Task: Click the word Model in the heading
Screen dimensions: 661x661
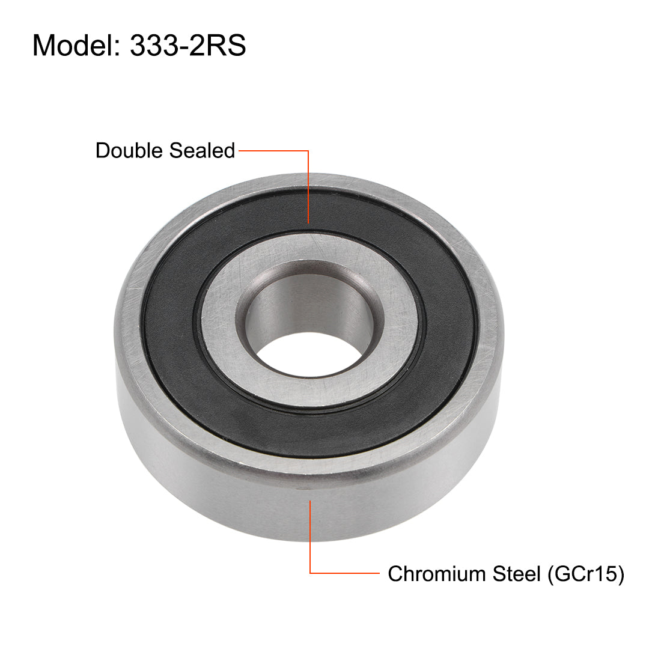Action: pos(73,46)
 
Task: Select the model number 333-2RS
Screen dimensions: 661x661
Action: pos(187,46)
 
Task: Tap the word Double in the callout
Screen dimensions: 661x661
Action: pos(128,150)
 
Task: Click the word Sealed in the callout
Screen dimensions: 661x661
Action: pos(201,150)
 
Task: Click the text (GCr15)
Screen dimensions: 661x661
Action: pos(586,574)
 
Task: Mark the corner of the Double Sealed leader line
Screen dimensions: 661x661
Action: pos(309,151)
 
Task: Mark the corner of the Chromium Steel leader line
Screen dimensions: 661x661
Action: pos(310,574)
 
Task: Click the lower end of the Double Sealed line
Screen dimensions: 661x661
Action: pos(309,222)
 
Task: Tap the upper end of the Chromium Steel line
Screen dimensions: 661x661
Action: pos(310,500)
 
